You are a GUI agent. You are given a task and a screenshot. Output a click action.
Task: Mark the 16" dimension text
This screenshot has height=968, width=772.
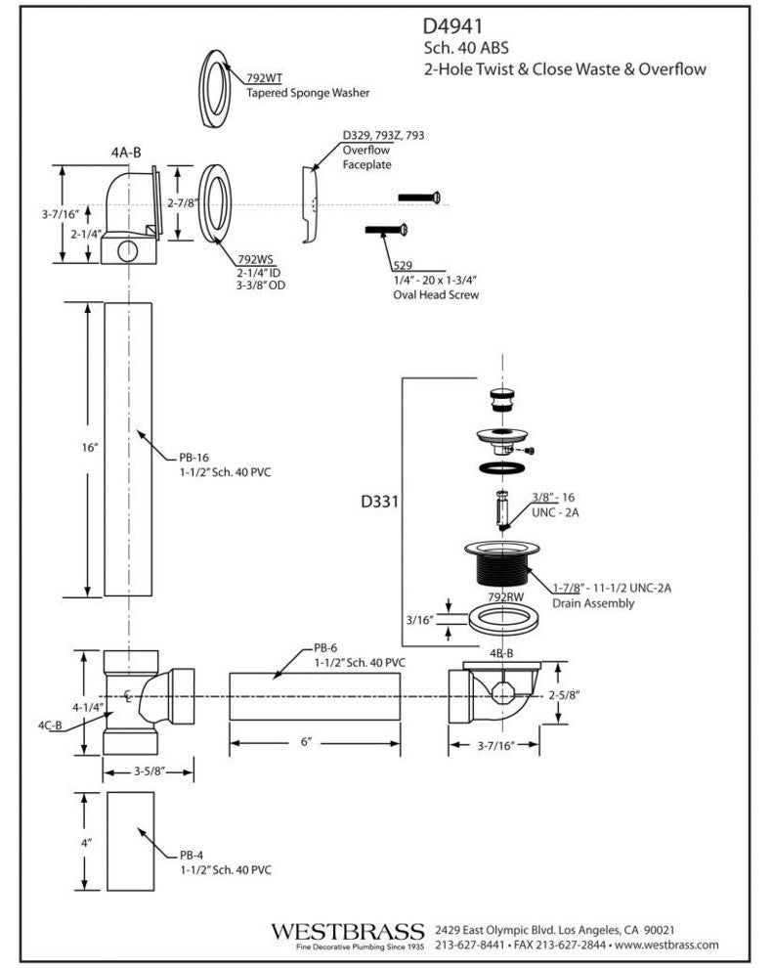pyautogui.click(x=91, y=448)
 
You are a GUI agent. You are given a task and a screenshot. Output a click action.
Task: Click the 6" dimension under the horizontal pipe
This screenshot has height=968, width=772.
pyautogui.click(x=306, y=743)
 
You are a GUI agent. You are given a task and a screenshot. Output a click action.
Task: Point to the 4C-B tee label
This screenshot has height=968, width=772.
pyautogui.click(x=51, y=726)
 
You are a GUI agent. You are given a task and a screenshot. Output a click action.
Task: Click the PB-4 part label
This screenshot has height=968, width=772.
pyautogui.click(x=192, y=855)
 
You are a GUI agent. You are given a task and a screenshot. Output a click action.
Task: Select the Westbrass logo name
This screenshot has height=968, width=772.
pyautogui.click(x=347, y=929)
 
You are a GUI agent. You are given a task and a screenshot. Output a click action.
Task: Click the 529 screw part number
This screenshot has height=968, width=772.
pyautogui.click(x=402, y=266)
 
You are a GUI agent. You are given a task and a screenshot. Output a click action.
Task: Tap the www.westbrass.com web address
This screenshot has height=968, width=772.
pyautogui.click(x=668, y=945)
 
